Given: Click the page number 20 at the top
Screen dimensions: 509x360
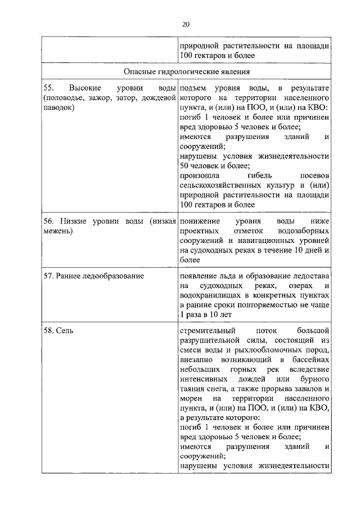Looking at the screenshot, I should coord(186,24).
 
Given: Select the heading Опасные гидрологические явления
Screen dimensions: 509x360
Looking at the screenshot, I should coord(187,72).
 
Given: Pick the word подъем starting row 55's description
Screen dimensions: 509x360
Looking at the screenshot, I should coord(194,89).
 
